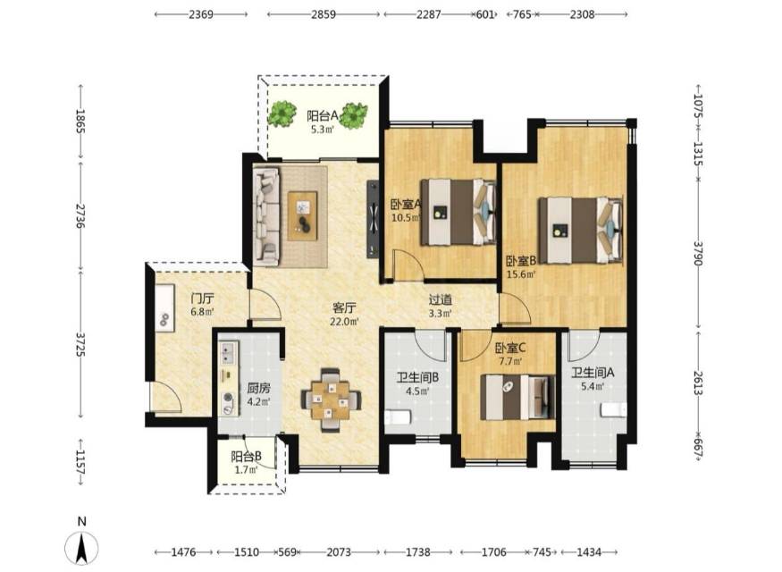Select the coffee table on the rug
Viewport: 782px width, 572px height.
[302, 213]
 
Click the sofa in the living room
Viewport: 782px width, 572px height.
[266, 215]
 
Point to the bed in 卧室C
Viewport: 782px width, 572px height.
[517, 398]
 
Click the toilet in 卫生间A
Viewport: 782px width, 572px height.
[613, 409]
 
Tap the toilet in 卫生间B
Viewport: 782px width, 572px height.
[398, 417]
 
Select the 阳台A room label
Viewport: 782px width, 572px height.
[322, 116]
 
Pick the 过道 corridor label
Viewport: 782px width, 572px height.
[441, 299]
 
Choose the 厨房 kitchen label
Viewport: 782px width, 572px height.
[259, 388]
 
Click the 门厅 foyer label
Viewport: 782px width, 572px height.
[203, 299]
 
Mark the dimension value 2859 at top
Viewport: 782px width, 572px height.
[324, 14]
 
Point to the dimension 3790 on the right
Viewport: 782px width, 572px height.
[698, 253]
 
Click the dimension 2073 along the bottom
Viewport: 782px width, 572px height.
[339, 552]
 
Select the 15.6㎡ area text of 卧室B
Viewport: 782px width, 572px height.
[521, 273]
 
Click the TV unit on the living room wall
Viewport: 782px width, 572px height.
[373, 219]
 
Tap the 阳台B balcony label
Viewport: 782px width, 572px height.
[247, 457]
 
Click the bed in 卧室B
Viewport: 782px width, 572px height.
[580, 231]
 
